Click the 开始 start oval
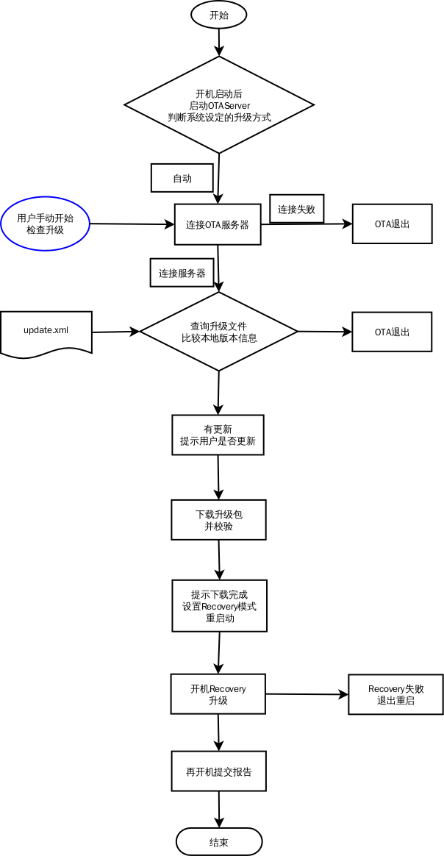pos(218,14)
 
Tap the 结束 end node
pos(219,841)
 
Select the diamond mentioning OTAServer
pos(219,105)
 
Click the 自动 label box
pos(182,178)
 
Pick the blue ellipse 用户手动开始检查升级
pos(45,224)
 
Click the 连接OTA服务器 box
pos(218,224)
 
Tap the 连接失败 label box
pos(296,209)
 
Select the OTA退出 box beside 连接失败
pos(392,224)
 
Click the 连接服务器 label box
pos(182,273)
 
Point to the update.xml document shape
pos(46,332)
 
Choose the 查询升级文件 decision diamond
pos(218,332)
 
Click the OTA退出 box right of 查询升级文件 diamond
pos(392,332)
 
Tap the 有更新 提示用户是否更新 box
pos(218,435)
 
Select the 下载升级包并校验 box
pos(218,520)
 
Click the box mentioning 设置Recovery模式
pos(219,606)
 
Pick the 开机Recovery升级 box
pos(218,694)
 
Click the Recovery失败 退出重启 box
pos(395,694)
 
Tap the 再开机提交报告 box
pos(218,771)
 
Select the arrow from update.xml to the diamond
pos(115,332)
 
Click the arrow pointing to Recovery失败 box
pos(306,694)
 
